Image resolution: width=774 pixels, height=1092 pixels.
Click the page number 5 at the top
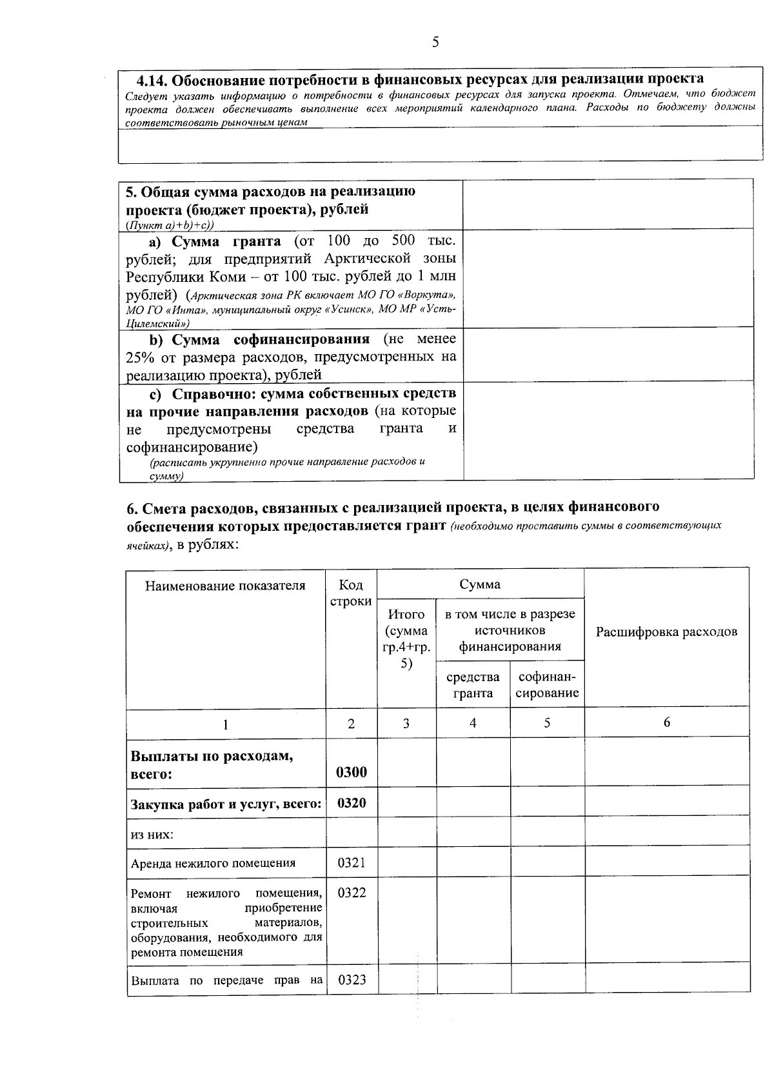tap(435, 43)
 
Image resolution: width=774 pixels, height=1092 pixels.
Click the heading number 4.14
tap(152, 80)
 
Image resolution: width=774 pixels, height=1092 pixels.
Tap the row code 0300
tap(352, 772)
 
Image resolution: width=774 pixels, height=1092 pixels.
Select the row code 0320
tap(352, 803)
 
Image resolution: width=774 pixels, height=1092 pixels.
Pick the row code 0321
tap(352, 862)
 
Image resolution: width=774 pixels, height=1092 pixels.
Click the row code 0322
tap(352, 893)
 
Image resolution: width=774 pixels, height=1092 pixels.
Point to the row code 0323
tap(352, 980)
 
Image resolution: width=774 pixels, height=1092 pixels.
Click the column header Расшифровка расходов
tap(666, 631)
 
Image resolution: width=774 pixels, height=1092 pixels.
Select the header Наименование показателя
tap(225, 586)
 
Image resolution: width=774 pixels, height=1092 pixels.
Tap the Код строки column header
tap(351, 593)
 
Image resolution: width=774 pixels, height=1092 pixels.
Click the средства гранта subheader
tap(473, 685)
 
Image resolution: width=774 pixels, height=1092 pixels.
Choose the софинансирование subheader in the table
tap(547, 685)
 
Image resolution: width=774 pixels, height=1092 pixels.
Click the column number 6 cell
tap(666, 722)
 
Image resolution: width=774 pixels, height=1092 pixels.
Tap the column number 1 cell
tap(225, 724)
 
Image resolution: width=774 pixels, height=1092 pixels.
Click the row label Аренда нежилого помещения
tap(213, 863)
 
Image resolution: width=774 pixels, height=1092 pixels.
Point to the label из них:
tap(152, 834)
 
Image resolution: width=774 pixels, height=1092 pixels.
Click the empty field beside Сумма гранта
tap(608, 279)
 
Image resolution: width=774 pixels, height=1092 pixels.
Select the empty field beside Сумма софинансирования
tap(608, 355)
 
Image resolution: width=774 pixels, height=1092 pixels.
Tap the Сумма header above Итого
tap(480, 584)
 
